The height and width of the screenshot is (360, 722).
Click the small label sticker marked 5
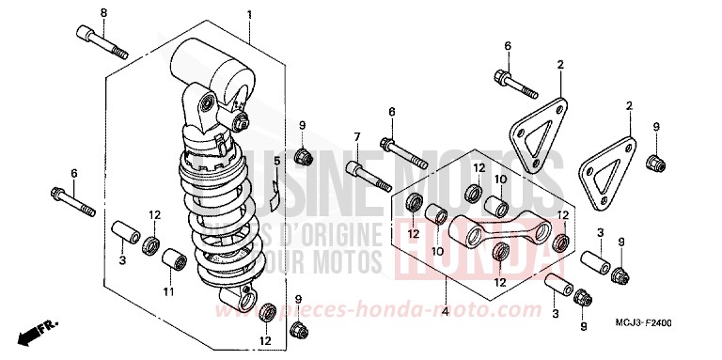coord(273,192)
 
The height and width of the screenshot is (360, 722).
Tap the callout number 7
coord(357,137)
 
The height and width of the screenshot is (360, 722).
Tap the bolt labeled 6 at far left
coord(72,199)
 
